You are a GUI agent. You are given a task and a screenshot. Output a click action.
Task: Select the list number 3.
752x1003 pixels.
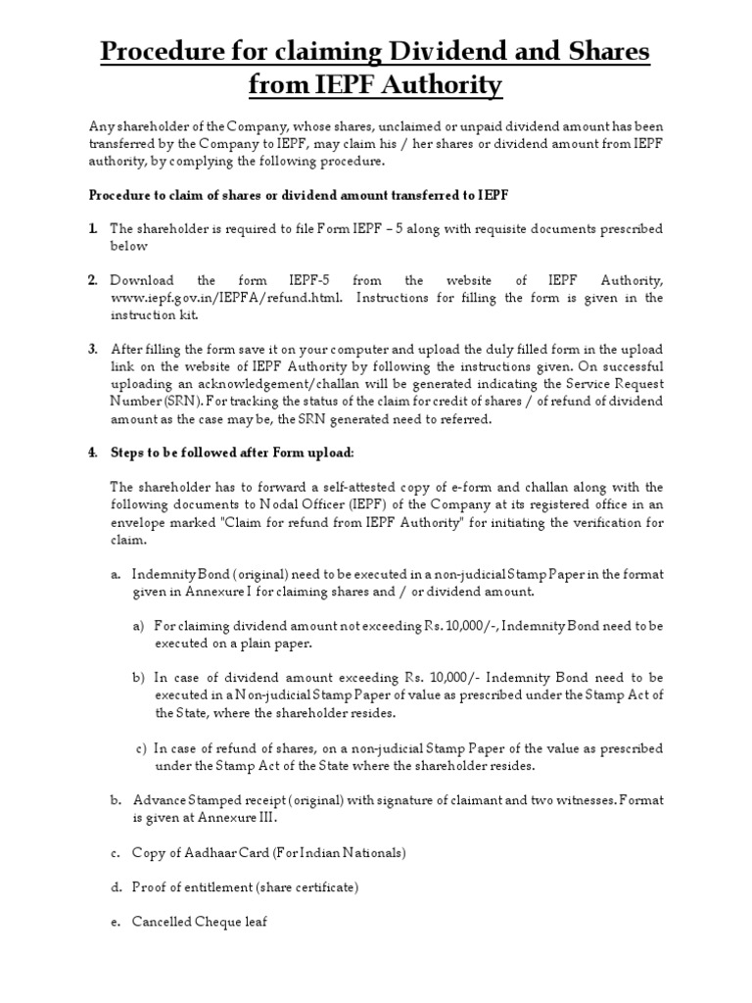92,349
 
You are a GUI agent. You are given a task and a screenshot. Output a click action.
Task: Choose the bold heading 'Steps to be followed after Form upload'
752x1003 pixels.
219,453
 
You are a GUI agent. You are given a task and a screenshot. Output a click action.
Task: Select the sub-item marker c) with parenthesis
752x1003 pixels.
141,748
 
